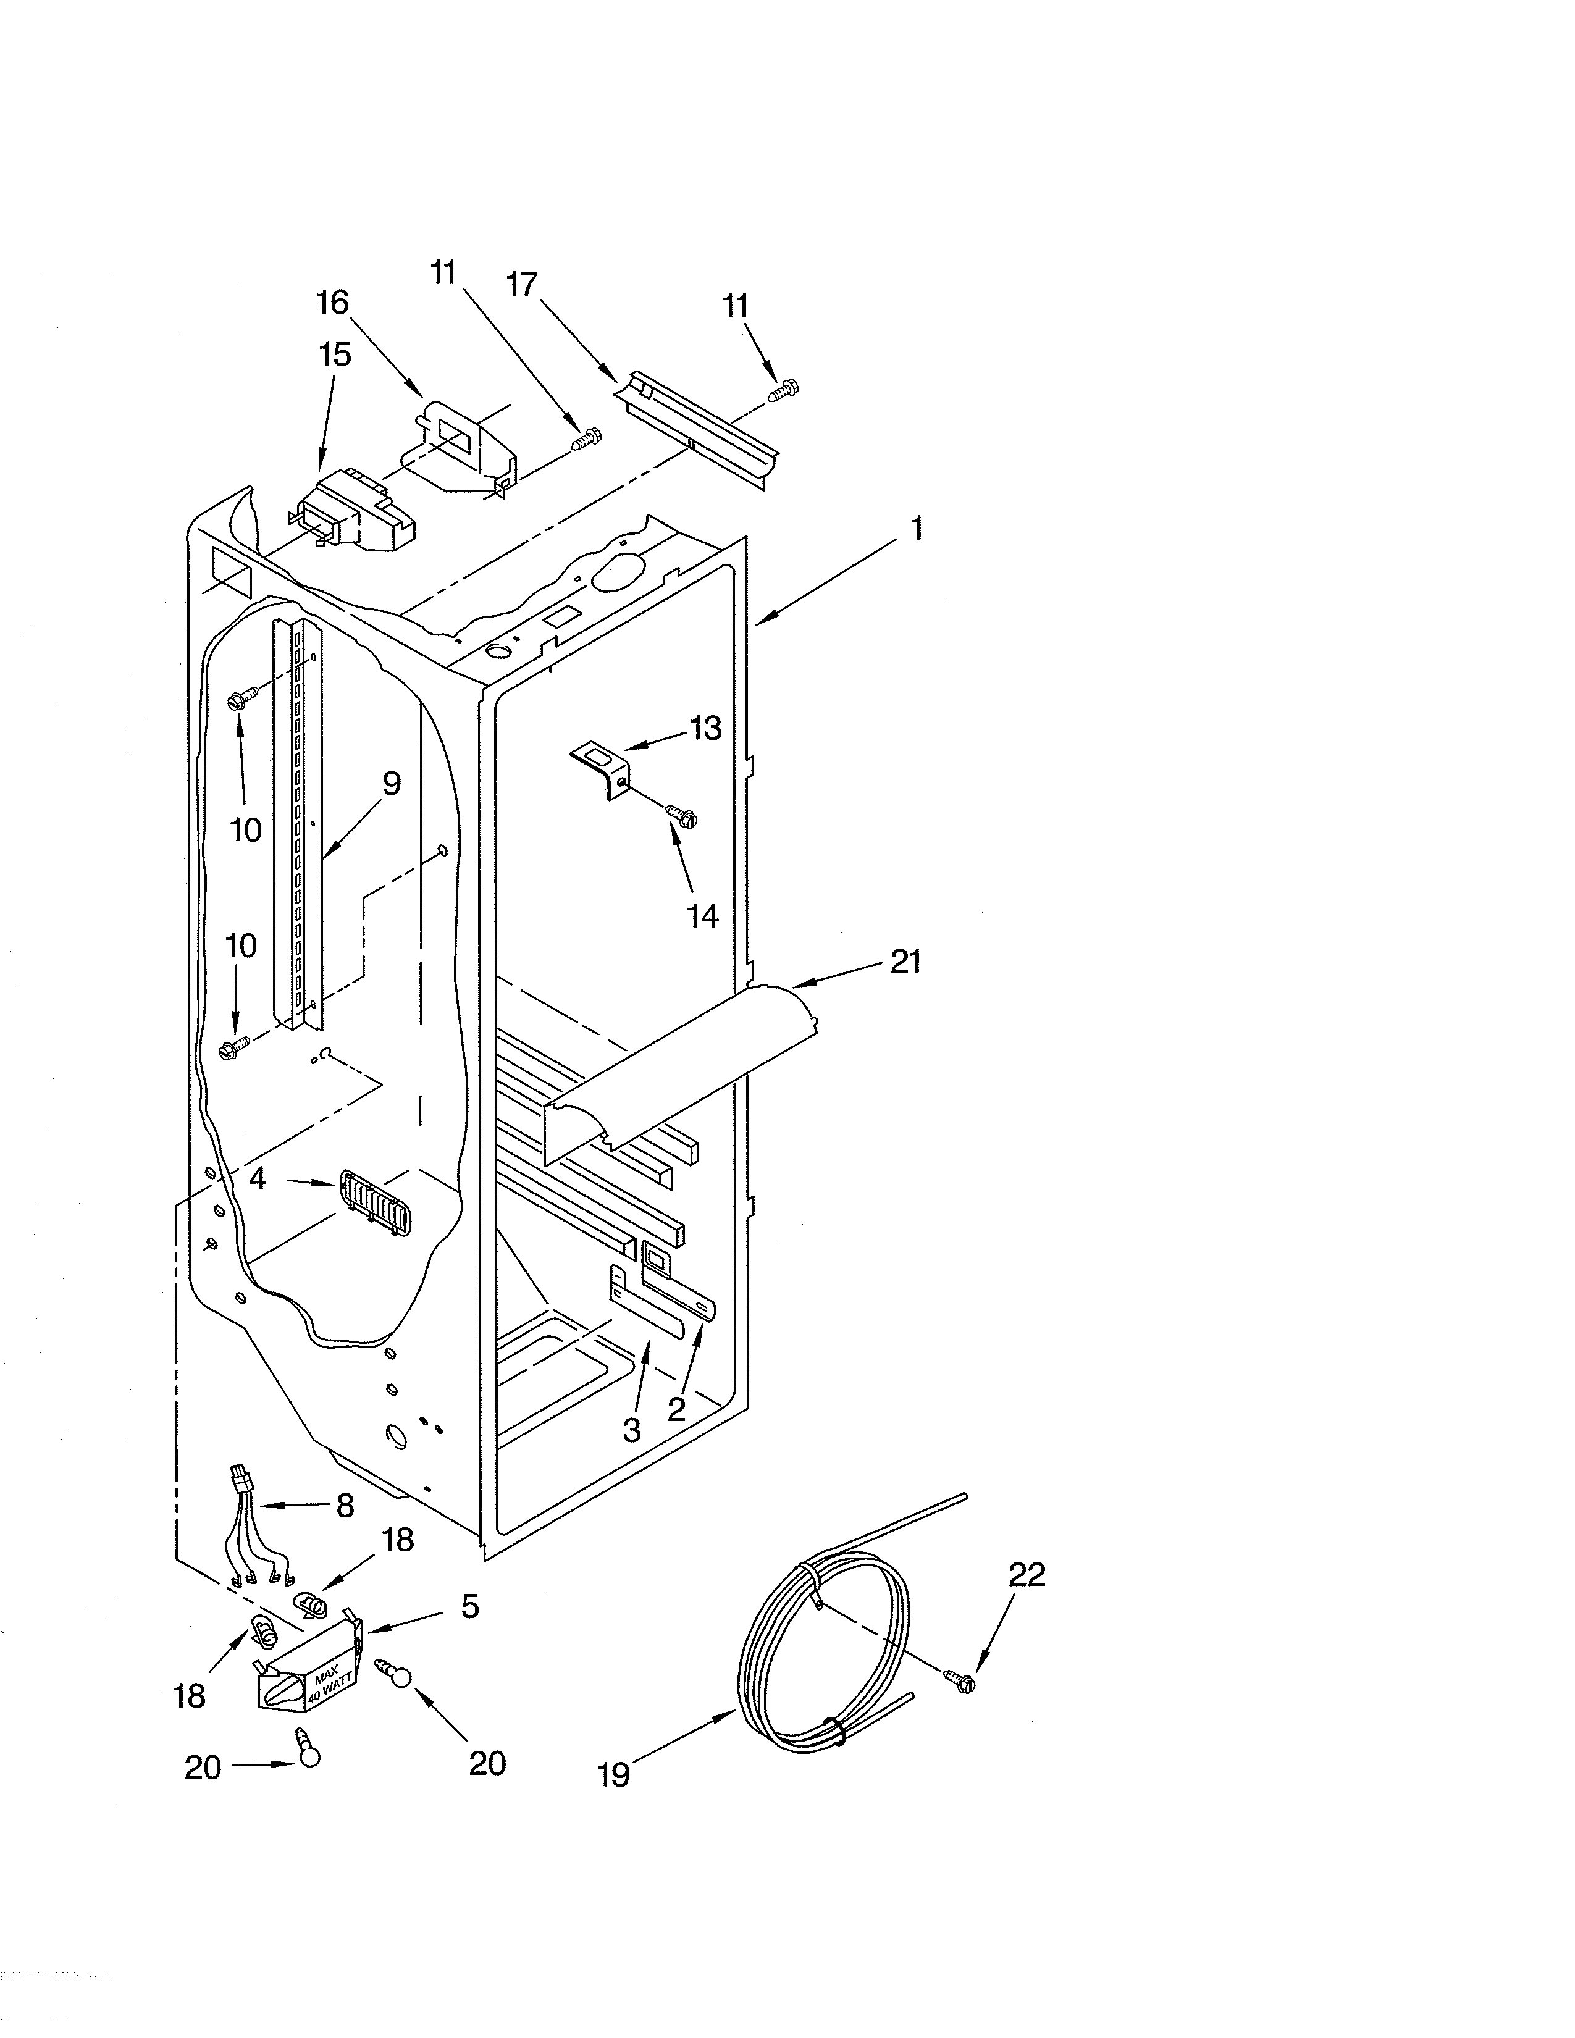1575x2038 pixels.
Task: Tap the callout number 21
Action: tap(905, 960)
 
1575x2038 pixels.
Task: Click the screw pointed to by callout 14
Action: tap(684, 818)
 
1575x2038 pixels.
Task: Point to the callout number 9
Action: tap(391, 783)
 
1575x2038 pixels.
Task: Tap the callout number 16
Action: tap(332, 303)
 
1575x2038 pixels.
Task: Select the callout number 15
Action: tap(335, 354)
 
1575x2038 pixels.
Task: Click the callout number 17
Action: tap(523, 283)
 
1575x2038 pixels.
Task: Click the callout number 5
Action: tap(469, 1606)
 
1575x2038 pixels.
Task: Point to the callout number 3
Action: tap(632, 1430)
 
